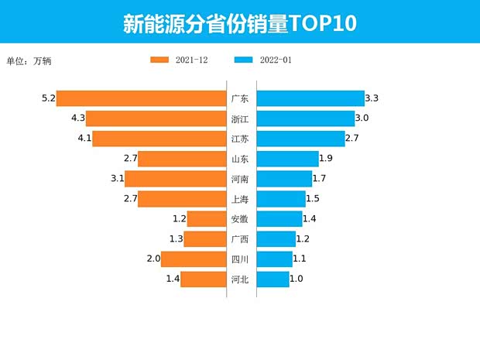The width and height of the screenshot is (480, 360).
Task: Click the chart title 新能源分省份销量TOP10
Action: pos(240,23)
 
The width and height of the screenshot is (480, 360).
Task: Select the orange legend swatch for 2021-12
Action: pos(159,60)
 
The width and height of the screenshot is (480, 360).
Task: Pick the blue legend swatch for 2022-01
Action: pos(243,60)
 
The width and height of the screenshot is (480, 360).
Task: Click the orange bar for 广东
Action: pos(141,98)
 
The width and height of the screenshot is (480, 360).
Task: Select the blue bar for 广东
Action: pos(310,98)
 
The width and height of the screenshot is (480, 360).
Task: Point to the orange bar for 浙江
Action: pos(156,118)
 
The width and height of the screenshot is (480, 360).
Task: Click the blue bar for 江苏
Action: pos(300,139)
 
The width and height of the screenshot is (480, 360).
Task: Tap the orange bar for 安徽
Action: pos(207,219)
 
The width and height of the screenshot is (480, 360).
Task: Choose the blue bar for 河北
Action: pos(273,279)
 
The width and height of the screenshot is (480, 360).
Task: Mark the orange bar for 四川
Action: pos(194,259)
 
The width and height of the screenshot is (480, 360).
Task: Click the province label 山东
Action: pos(240,159)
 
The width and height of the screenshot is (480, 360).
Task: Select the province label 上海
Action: pos(240,199)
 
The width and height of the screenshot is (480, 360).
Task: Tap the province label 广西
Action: pos(240,239)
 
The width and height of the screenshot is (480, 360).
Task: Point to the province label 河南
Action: pos(240,179)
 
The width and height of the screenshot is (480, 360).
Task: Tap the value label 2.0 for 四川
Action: pos(153,259)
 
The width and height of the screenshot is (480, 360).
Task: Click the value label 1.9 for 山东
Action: pos(326,159)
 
